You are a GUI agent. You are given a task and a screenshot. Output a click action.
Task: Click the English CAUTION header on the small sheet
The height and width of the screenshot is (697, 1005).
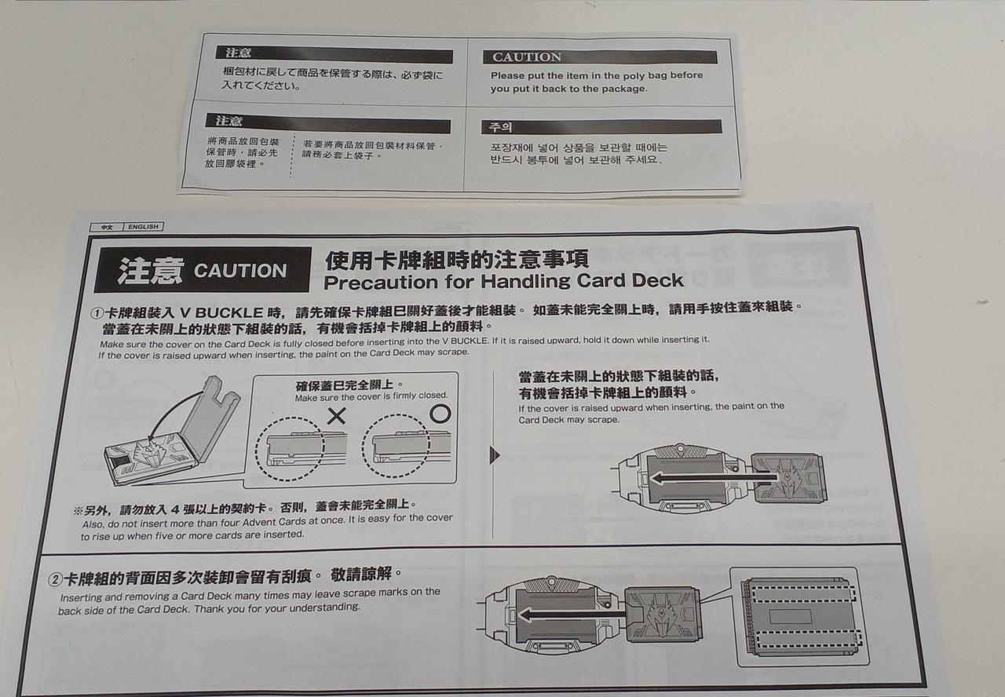[527, 57]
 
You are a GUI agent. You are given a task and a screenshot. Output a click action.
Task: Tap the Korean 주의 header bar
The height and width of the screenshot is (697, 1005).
[601, 127]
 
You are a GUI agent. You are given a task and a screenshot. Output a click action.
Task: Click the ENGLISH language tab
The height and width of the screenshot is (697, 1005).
[143, 227]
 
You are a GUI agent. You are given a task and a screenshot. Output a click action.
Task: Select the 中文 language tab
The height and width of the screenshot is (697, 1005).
[107, 228]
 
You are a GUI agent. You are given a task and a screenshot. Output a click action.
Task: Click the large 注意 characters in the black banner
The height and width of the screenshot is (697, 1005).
[151, 271]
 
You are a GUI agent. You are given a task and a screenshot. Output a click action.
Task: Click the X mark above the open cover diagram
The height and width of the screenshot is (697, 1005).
[336, 416]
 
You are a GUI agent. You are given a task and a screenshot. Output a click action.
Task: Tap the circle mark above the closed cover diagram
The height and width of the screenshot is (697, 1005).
[440, 413]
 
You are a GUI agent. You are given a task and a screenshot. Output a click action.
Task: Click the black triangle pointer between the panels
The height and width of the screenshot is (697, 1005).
[495, 454]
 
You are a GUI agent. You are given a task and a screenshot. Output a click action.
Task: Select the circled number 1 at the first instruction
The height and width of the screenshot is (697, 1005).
[97, 313]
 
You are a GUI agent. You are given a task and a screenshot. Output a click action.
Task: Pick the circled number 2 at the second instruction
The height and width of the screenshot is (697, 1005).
[55, 580]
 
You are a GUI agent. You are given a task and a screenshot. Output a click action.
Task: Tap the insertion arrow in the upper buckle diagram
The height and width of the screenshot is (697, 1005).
[714, 479]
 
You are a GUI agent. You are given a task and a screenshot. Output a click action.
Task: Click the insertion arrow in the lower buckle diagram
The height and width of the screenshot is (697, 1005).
[572, 615]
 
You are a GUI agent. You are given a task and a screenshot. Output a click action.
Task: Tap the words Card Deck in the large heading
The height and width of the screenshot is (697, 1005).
[630, 281]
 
